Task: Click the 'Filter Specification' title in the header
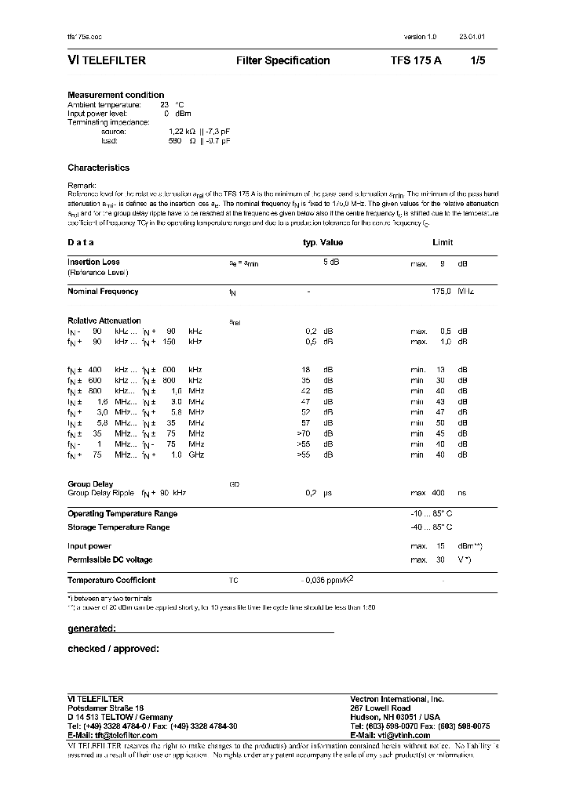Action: [x=282, y=60]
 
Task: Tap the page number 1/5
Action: [x=478, y=60]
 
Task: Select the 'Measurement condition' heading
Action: [x=116, y=95]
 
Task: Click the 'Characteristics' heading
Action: [x=99, y=168]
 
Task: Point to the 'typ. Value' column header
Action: [x=323, y=242]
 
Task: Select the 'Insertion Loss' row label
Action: [x=94, y=262]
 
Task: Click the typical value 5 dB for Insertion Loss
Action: [x=330, y=263]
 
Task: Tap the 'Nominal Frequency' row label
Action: [x=103, y=291]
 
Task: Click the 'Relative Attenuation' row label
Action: [x=104, y=320]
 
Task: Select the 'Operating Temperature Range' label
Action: [x=122, y=514]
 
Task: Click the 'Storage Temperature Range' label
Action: [x=118, y=527]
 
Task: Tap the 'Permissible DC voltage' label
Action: [x=110, y=560]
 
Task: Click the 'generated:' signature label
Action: [x=92, y=628]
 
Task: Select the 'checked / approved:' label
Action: [x=114, y=649]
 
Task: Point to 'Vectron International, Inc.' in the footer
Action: [x=397, y=698]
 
